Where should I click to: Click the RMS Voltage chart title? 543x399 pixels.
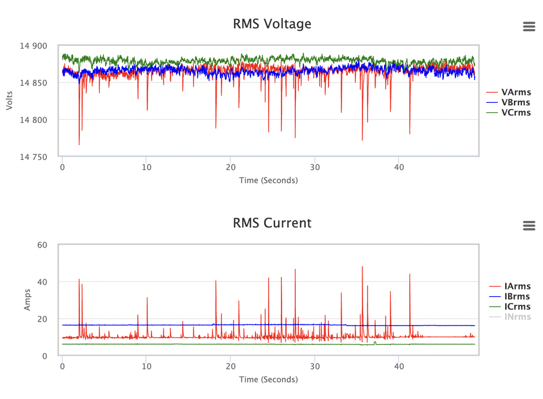pyautogui.click(x=272, y=24)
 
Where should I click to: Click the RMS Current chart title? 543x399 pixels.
pyautogui.click(x=272, y=223)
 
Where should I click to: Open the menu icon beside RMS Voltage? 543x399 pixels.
pyautogui.click(x=529, y=27)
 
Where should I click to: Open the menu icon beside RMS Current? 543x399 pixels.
pyautogui.click(x=529, y=225)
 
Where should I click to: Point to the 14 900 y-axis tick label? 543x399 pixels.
pyautogui.click(x=33, y=46)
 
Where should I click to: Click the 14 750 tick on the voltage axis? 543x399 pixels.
pyautogui.click(x=33, y=157)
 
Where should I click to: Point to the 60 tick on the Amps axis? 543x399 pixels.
pyautogui.click(x=42, y=245)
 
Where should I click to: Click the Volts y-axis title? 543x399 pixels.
pyautogui.click(x=10, y=101)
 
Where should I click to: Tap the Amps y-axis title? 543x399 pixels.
pyautogui.click(x=27, y=300)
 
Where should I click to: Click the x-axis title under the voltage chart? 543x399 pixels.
pyautogui.click(x=268, y=180)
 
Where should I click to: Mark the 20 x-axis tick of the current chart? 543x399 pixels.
pyautogui.click(x=231, y=366)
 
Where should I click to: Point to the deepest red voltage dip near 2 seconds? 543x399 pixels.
pyautogui.click(x=79, y=144)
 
